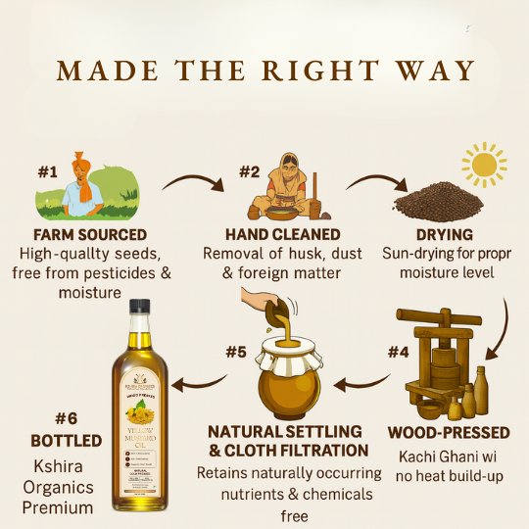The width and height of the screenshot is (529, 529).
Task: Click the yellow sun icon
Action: pos(483,164)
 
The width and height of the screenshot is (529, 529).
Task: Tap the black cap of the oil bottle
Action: pos(139,313)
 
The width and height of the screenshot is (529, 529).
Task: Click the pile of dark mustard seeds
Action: pos(437,201)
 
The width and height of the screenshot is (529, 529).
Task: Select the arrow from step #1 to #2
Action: pos(188,183)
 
